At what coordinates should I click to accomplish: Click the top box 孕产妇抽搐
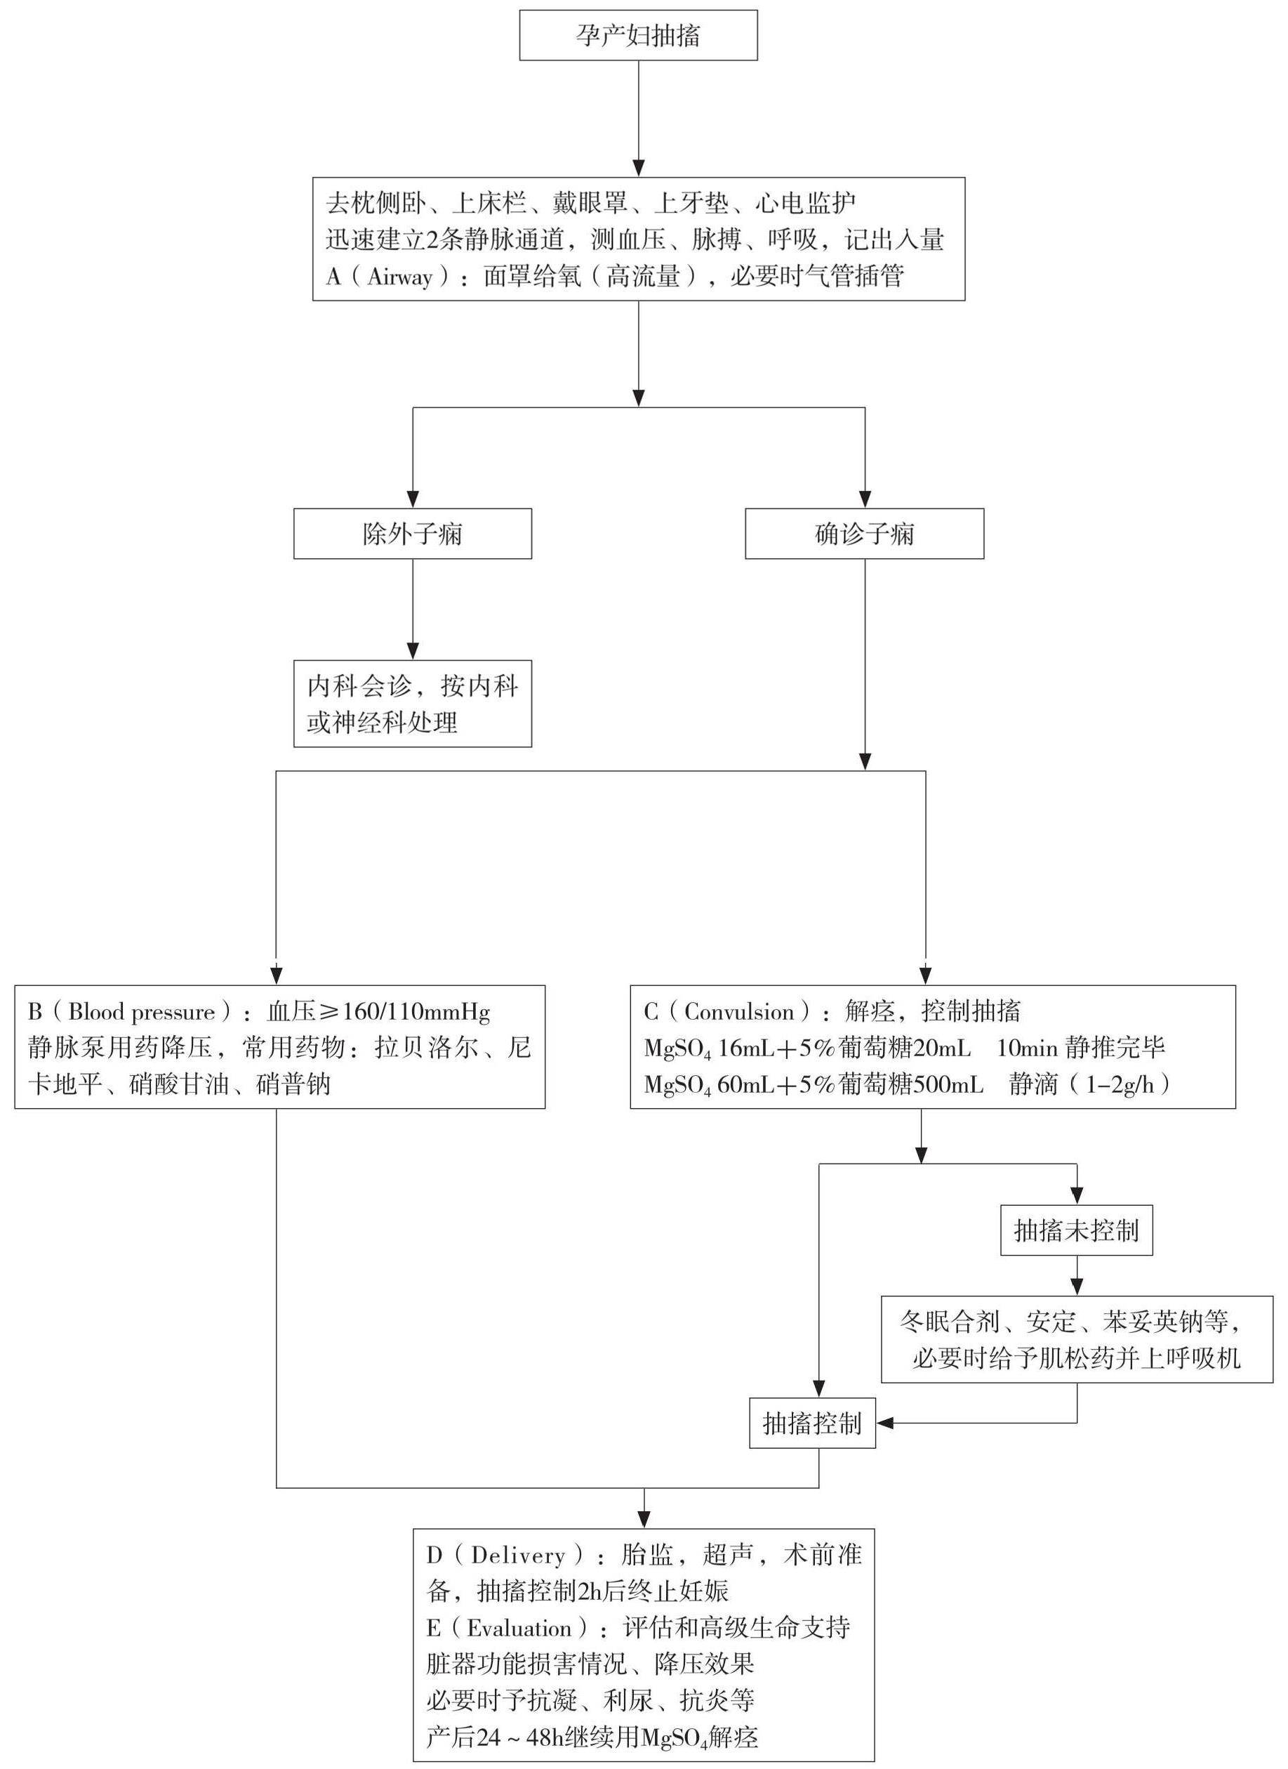tap(638, 36)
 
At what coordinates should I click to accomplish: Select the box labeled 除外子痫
tap(413, 534)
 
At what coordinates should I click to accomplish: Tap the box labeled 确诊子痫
tap(864, 534)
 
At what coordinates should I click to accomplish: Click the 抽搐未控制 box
tap(1076, 1231)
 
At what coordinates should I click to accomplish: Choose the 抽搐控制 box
tap(811, 1423)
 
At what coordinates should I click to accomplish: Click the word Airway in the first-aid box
tap(399, 277)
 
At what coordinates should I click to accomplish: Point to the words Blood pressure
tap(141, 1013)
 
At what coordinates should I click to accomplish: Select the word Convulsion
tap(738, 1013)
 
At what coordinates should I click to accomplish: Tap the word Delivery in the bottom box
tap(518, 1556)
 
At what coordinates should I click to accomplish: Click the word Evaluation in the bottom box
tap(519, 1629)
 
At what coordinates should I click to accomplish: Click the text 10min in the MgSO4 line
tap(1027, 1048)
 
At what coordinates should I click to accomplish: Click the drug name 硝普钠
tap(294, 1085)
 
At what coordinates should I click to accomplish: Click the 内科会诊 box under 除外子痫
tap(413, 704)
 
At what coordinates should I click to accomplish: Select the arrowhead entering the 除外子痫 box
tap(413, 500)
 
